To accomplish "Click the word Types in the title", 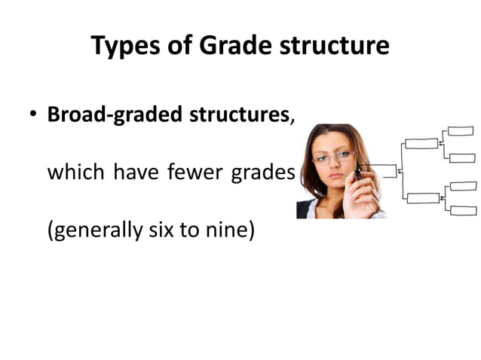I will (124, 47).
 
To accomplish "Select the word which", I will (77, 172).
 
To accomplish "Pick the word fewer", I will (194, 172).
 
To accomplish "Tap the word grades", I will (262, 172).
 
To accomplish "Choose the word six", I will (161, 230).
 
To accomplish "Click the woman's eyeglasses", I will (332, 157).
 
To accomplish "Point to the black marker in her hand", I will (357, 175).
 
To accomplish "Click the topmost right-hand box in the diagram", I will (461, 131).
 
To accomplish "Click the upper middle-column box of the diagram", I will (421, 143).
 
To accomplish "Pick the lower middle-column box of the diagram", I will (423, 198).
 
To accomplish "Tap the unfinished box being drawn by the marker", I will (382, 171).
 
